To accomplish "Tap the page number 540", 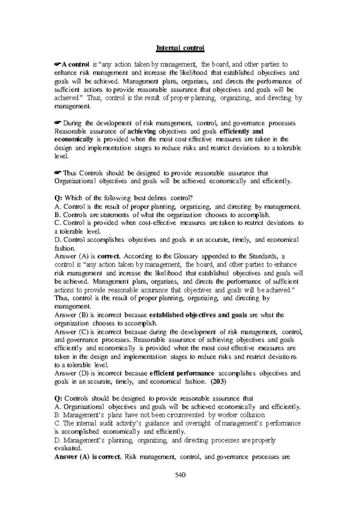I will tap(180, 483).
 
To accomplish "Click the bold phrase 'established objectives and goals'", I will tap(198, 315).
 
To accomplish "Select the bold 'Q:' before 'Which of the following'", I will tap(58, 198).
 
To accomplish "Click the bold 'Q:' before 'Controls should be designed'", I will tap(58, 398).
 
